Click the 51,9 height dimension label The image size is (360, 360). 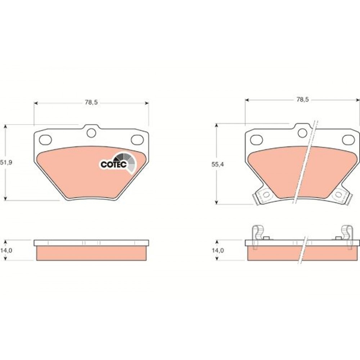coord(6,163)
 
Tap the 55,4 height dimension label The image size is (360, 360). coord(218,165)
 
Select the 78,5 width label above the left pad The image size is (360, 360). coord(91,102)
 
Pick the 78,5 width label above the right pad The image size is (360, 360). coord(303,99)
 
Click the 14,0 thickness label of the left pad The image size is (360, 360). coord(6,250)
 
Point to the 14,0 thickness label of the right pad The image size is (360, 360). coord(218,250)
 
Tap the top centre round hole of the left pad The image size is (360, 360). coord(91,133)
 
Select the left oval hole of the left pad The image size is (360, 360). coord(45,140)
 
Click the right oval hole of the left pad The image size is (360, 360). coord(137,139)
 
